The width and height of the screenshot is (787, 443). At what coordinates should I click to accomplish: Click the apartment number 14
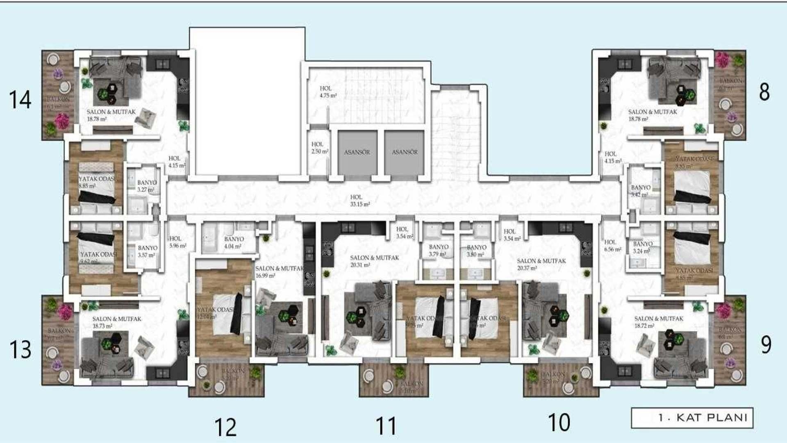tap(20, 100)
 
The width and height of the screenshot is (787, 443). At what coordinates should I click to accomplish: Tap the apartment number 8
tap(764, 92)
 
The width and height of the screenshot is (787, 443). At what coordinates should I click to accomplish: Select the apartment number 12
tap(225, 427)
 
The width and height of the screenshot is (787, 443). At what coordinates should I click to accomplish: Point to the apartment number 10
tap(559, 422)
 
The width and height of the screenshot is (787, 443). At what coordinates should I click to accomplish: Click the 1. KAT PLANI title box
tap(692, 418)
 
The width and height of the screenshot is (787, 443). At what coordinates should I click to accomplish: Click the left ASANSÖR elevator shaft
tap(357, 152)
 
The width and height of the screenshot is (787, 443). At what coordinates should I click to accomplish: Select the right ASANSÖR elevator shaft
tap(404, 152)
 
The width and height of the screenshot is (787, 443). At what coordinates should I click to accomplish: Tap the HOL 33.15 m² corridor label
tap(359, 201)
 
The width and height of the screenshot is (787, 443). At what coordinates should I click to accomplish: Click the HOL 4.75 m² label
tap(328, 92)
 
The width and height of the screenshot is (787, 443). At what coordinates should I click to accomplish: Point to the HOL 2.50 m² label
tap(319, 148)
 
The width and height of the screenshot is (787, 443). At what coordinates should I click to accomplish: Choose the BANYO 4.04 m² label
tap(234, 242)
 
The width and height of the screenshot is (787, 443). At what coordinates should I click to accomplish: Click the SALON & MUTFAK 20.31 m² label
tap(374, 261)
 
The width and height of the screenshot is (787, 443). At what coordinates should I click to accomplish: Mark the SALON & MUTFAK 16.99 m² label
tap(279, 272)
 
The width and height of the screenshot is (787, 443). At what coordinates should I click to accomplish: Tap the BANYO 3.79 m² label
tap(438, 250)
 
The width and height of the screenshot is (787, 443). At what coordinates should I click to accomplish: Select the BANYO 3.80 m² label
tap(476, 251)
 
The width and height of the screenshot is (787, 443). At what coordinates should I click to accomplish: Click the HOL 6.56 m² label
tap(612, 246)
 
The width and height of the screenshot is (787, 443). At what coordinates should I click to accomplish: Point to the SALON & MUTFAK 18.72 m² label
tap(658, 322)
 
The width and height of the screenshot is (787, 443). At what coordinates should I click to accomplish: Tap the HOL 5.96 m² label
tap(177, 242)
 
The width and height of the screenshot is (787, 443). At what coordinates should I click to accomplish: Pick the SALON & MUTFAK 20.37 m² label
tap(541, 264)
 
